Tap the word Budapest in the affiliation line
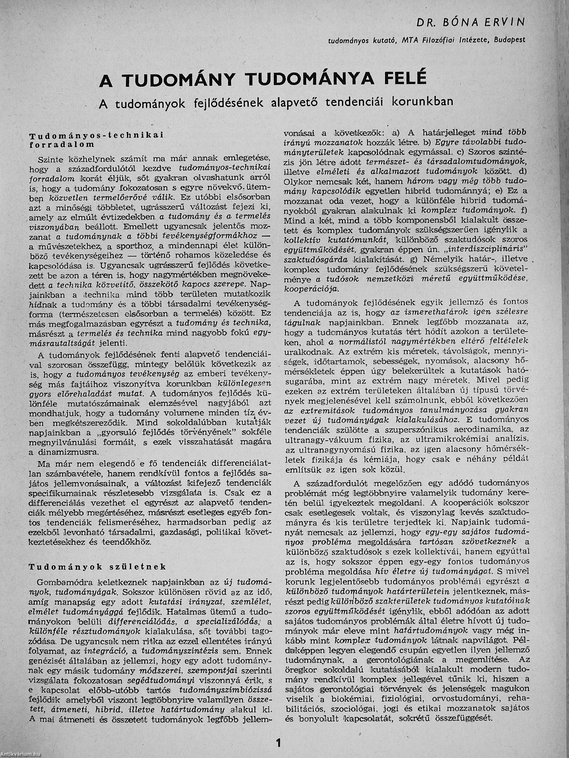(509, 40)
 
